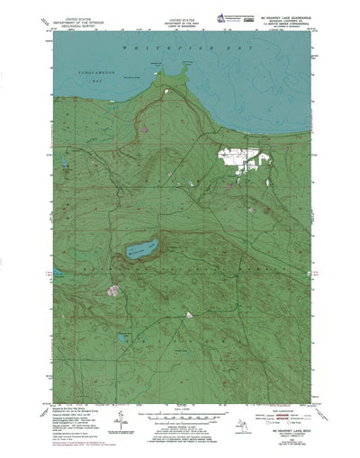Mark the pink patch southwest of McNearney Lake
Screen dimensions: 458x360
(113, 291)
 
